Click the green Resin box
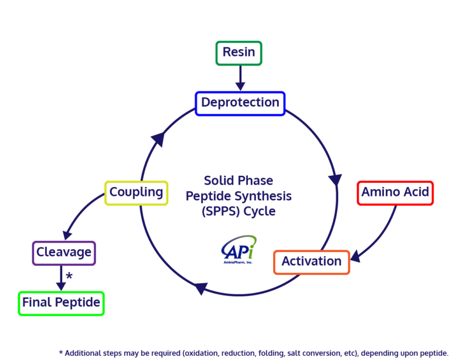pos(238,53)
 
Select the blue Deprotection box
pos(240,103)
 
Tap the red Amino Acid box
pos(395,192)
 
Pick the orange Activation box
pos(311,261)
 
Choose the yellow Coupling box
pos(137,192)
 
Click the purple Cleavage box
pos(63,253)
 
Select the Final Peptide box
pos(61,303)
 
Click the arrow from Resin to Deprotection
pos(239,77)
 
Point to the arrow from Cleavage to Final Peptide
pos(61,277)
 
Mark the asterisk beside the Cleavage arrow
pos(69,276)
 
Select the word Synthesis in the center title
pos(263,195)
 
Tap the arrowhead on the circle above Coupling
pos(157,140)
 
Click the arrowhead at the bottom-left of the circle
pos(200,288)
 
